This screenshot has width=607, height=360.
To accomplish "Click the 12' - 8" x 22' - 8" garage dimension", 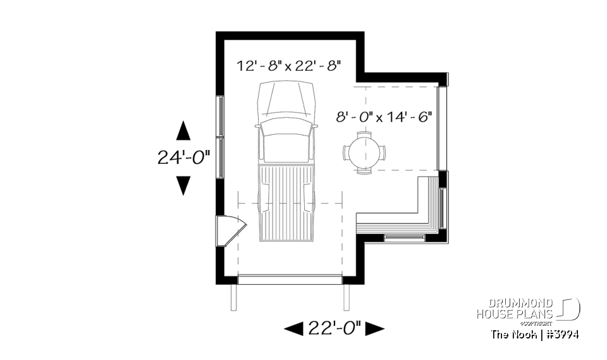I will (289, 65).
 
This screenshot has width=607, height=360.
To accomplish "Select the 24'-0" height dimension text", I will (183, 158).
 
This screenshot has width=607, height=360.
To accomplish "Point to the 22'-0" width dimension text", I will (334, 328).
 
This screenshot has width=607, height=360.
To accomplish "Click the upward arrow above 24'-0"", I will (183, 131).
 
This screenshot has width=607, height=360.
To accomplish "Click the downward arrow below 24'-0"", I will (183, 185).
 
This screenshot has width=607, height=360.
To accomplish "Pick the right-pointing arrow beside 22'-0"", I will (375, 328).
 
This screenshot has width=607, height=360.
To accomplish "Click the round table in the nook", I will (364, 152).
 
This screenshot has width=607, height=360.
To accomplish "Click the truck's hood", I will (287, 99).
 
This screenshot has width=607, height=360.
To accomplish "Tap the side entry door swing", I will (230, 230).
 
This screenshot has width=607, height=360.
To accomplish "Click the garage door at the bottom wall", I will (290, 279).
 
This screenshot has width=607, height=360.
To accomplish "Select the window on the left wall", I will (219, 137).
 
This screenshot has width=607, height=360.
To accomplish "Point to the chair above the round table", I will (364, 135).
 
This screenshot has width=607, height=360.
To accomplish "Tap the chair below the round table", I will (364, 170).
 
